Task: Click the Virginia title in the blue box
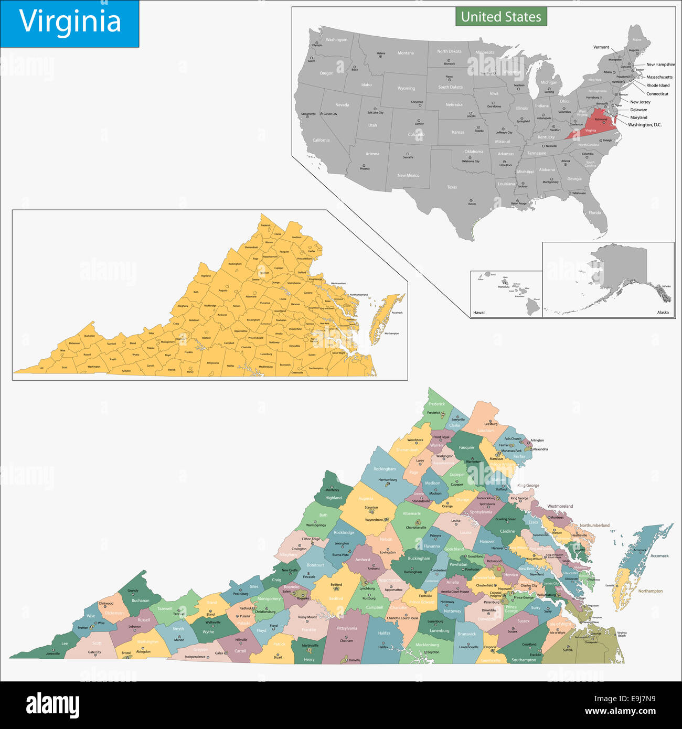(x=70, y=22)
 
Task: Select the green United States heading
(x=501, y=17)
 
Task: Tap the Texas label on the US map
(x=452, y=187)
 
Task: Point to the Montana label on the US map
(x=406, y=53)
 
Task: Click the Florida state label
(x=594, y=213)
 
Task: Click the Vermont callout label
(x=601, y=47)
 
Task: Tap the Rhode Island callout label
(x=658, y=85)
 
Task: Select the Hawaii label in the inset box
(x=479, y=313)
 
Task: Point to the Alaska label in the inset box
(x=663, y=313)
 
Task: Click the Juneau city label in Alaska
(x=666, y=286)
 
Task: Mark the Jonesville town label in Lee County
(x=53, y=653)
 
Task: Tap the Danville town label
(x=355, y=660)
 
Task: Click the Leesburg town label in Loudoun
(x=491, y=424)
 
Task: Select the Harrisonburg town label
(x=388, y=479)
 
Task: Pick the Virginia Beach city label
(x=622, y=634)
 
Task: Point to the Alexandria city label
(x=540, y=449)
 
